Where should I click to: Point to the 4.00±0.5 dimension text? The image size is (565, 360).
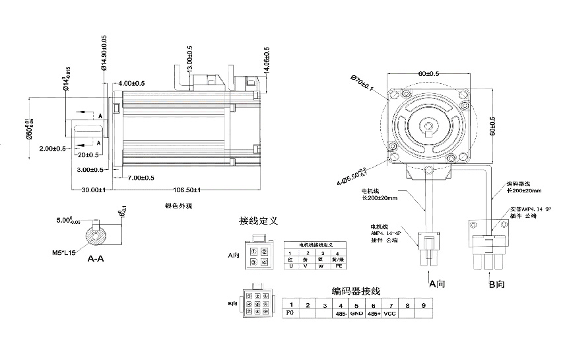click(x=133, y=83)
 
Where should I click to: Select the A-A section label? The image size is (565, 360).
click(x=96, y=260)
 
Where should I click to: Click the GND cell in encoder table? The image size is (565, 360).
click(x=356, y=314)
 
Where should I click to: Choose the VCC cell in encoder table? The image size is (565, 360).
click(x=390, y=314)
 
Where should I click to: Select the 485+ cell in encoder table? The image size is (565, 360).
click(x=373, y=314)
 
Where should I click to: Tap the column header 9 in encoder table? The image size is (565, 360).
click(x=424, y=305)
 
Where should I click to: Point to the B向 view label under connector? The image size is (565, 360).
click(x=496, y=285)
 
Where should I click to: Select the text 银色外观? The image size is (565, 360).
click(x=178, y=206)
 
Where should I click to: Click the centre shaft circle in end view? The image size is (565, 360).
click(x=430, y=126)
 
